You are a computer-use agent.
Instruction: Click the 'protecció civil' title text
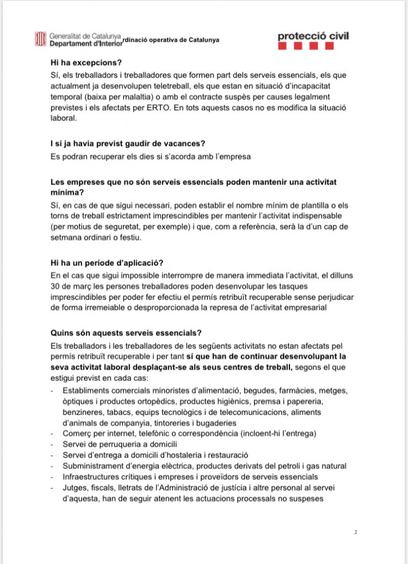coord(313,36)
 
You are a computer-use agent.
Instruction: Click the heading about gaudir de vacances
coord(127,144)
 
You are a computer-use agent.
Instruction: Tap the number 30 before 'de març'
coord(55,286)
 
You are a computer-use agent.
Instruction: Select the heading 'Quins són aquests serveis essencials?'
coord(126,333)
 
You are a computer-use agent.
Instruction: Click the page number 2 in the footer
coord(356,532)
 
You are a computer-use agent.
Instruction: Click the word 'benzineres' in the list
coord(83,412)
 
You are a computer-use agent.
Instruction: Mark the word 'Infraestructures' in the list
coord(94,476)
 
